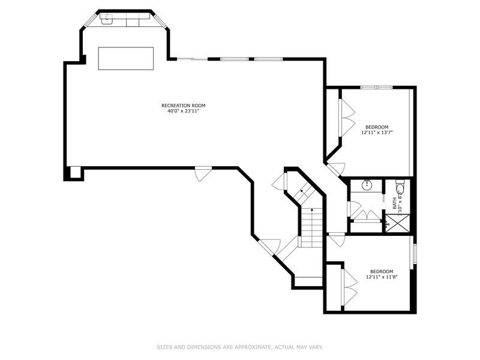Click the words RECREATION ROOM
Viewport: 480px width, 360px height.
(179, 106)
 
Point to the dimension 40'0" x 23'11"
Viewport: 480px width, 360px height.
(179, 111)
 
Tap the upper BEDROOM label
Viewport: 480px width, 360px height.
(377, 127)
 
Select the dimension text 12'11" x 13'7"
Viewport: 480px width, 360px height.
(377, 133)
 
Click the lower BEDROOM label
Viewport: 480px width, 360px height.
(381, 271)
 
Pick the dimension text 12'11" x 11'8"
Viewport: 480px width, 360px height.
(381, 277)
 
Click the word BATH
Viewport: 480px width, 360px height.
(395, 203)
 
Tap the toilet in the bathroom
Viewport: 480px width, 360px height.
(401, 189)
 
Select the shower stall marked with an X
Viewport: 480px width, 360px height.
(397, 223)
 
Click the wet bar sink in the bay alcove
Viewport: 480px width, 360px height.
(106, 19)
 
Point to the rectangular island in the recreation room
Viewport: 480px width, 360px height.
(126, 58)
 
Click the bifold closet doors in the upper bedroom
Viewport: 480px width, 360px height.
(346, 117)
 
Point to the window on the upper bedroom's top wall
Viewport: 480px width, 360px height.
(376, 88)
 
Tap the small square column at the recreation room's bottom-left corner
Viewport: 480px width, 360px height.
(75, 173)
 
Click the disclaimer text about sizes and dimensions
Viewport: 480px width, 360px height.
(240, 347)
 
